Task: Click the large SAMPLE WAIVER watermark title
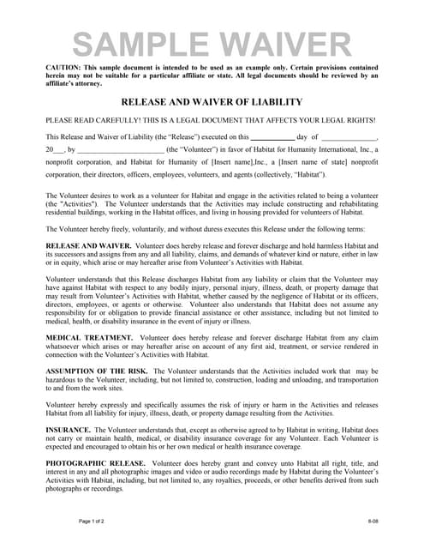[211, 43]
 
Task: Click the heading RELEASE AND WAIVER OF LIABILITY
[212, 100]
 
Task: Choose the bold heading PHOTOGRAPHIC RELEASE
[95, 462]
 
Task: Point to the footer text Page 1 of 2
[93, 522]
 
